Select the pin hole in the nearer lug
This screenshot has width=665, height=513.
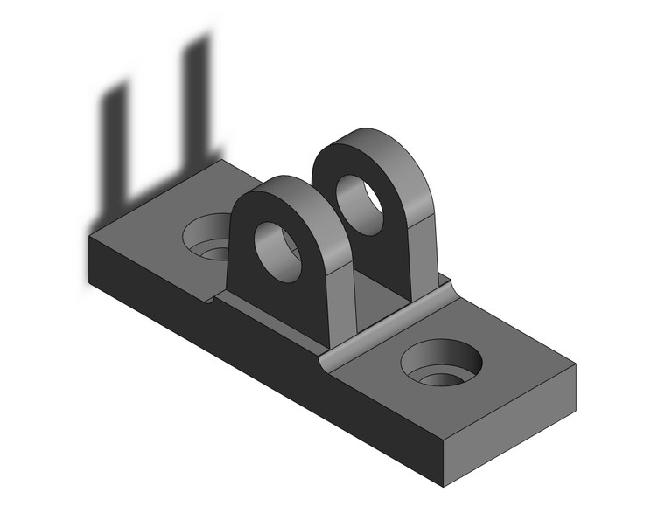tap(278, 252)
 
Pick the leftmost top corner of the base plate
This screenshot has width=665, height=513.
tap(88, 237)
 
